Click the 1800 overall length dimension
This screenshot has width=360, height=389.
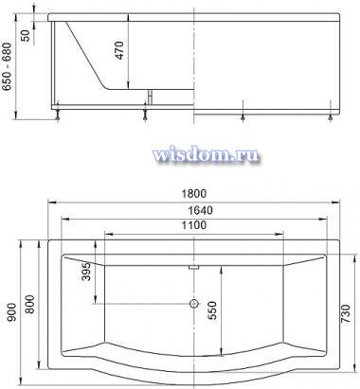pos(194,193)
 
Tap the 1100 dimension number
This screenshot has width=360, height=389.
pos(194,225)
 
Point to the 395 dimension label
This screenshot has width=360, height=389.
pos(86,272)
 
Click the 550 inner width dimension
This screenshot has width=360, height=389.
pos(212,310)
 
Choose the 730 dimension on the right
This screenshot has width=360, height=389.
pos(346,313)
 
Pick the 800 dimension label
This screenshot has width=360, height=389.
pos(30,304)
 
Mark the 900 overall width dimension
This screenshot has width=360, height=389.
pos(12,312)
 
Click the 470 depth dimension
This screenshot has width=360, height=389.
pos(119,50)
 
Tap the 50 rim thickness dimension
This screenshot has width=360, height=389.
pos(25,35)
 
